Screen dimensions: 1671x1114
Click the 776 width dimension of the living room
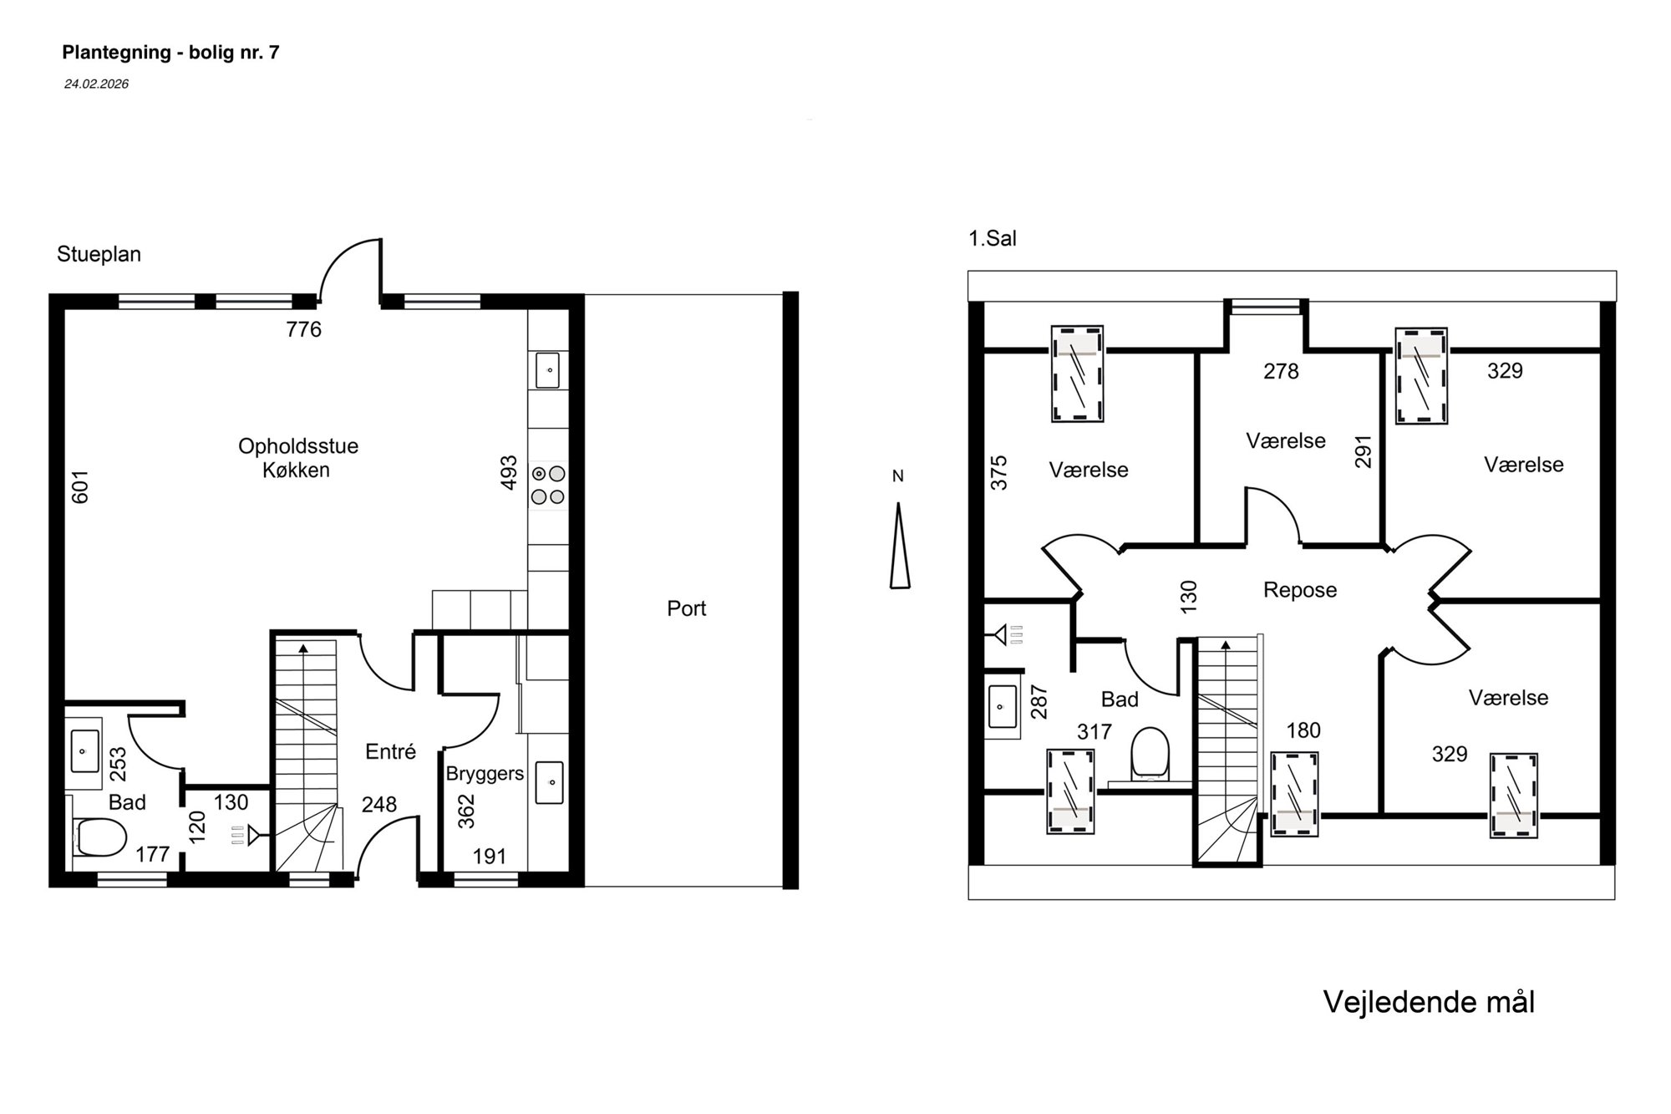pyautogui.click(x=303, y=330)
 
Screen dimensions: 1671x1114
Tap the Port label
pyautogui.click(x=686, y=608)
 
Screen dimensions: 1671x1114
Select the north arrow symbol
pyautogui.click(x=899, y=546)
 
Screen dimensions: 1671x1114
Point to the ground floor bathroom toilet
pyautogui.click(x=100, y=837)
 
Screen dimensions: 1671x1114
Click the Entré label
pyautogui.click(x=390, y=752)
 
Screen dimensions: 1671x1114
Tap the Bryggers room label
pyautogui.click(x=485, y=774)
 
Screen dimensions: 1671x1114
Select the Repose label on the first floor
pyautogui.click(x=1300, y=590)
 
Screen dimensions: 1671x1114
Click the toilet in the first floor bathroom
pyautogui.click(x=1150, y=754)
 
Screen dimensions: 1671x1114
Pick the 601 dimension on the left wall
pyautogui.click(x=80, y=486)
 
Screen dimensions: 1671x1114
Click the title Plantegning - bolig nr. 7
pyautogui.click(x=170, y=53)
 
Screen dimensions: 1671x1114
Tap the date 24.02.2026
pyautogui.click(x=96, y=84)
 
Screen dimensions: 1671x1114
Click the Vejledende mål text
pyautogui.click(x=1429, y=1002)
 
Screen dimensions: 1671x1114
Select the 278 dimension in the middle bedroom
pyautogui.click(x=1281, y=371)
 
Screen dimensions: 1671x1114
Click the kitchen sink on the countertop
pyautogui.click(x=547, y=370)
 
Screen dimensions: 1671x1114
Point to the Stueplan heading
pyautogui.click(x=99, y=254)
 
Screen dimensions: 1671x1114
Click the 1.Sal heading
pyautogui.click(x=993, y=239)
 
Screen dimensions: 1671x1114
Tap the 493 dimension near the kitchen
pyautogui.click(x=509, y=472)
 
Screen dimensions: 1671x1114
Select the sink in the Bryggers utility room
pyautogui.click(x=549, y=782)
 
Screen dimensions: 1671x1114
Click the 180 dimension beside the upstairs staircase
pyautogui.click(x=1303, y=731)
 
